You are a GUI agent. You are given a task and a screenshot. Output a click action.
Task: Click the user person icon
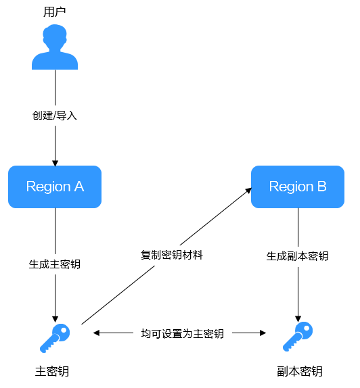point(55,47)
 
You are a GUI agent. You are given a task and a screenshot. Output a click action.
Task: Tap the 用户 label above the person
point(55,12)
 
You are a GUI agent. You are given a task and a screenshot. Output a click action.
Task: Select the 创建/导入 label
point(55,116)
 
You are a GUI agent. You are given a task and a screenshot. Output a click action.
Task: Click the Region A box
point(55,187)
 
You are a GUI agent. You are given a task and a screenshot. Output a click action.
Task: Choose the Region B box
point(298,187)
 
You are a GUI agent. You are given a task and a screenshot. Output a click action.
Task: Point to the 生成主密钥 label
point(55,264)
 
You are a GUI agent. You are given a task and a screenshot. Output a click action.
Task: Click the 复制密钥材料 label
point(172,255)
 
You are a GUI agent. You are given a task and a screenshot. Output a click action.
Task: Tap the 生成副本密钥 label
point(297,256)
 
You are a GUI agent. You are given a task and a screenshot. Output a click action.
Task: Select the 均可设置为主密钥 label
point(182,333)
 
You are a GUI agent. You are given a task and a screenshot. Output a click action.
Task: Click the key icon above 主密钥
point(55,338)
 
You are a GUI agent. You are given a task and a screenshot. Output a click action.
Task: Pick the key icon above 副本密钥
point(298,337)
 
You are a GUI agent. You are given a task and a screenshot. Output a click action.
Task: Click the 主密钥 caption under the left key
point(52,371)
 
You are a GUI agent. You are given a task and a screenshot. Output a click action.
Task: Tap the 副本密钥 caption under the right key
point(300,371)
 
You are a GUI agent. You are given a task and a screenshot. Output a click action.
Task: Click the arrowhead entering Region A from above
point(55,164)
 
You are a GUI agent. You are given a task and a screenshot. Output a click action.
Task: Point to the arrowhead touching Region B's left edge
point(248,191)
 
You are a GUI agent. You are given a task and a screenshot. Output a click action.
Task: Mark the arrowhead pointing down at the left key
point(55,319)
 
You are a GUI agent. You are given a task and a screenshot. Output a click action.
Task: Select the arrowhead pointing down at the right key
point(298,319)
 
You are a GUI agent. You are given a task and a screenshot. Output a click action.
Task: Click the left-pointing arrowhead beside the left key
point(96,333)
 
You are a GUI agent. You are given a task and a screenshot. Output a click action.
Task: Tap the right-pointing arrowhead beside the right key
point(263,333)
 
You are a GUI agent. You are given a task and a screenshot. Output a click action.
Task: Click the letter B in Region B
point(322,187)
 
